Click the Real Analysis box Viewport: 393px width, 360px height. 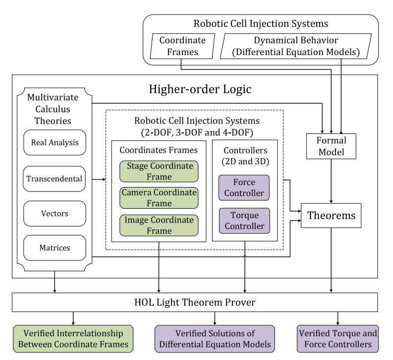pyautogui.click(x=55, y=142)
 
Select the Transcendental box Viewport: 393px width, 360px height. pyautogui.click(x=54, y=179)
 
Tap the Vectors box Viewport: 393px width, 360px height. pyautogui.click(x=55, y=213)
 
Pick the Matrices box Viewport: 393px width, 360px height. pyautogui.click(x=55, y=248)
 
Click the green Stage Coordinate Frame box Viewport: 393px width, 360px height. pyautogui.click(x=159, y=171)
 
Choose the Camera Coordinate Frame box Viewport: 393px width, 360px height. pyautogui.click(x=159, y=198)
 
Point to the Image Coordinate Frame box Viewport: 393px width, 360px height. pyautogui.click(x=159, y=226)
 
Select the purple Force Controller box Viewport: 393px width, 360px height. pyautogui.click(x=244, y=187)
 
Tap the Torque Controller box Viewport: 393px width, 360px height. pyautogui.click(x=245, y=221)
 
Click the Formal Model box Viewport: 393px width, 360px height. pyautogui.click(x=331, y=146)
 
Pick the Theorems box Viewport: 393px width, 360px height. pyautogui.click(x=331, y=216)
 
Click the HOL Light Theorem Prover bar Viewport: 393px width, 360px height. pyautogui.click(x=195, y=302)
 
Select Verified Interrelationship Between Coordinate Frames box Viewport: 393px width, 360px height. pyautogui.click(x=73, y=339)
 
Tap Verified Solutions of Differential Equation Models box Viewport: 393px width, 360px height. pyautogui.click(x=215, y=339)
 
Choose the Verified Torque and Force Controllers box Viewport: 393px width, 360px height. pyautogui.click(x=338, y=339)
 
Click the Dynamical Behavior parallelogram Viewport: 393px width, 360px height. pyautogui.click(x=296, y=46)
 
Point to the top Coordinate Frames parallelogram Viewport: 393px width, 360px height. pyautogui.click(x=182, y=46)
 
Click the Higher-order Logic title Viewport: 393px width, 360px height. pyautogui.click(x=200, y=89)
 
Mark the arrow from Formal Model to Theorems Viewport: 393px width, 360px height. pyautogui.click(x=331, y=181)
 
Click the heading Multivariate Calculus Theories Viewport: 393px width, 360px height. pyautogui.click(x=53, y=109)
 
